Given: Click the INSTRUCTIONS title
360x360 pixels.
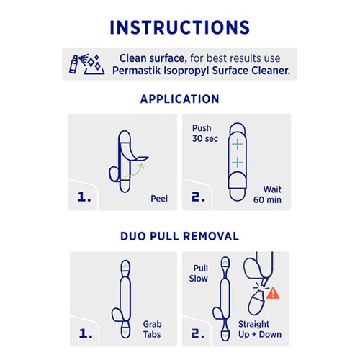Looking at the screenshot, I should coord(179,27).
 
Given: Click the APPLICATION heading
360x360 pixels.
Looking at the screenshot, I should coord(179,99).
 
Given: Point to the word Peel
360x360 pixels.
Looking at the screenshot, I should coord(158,198).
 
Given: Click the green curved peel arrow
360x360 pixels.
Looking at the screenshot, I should coord(135,168).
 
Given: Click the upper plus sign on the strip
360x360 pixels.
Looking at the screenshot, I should coord(237,144).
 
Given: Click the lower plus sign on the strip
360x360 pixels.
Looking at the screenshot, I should coord(237,163).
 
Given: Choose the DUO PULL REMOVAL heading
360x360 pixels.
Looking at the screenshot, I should coord(179,236).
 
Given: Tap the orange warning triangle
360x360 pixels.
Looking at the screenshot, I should coord(274,293).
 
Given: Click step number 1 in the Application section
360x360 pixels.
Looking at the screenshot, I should coord(84,197).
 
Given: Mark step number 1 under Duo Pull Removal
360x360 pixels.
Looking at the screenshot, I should coord(84,334).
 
